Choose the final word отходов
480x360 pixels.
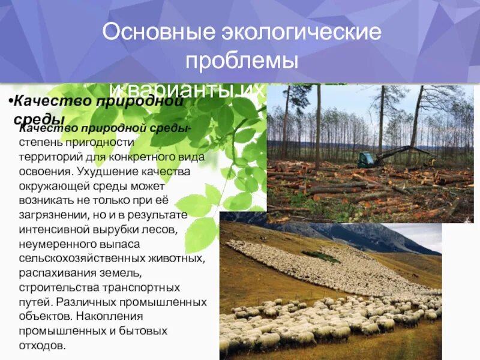click(40, 344)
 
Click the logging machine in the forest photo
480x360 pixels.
click(367, 160)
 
